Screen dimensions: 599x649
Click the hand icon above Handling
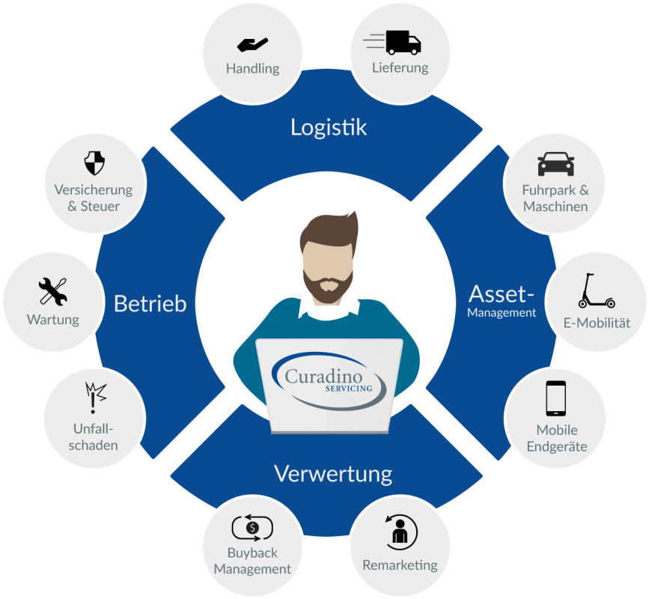252,43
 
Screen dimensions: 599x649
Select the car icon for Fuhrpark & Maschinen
555,163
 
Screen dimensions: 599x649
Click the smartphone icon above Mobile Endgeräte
555,398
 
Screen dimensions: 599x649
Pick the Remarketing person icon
400,531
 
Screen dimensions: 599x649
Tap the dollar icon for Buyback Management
252,528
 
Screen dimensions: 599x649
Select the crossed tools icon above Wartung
53,292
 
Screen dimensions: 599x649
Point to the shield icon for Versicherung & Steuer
94,163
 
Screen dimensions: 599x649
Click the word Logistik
329,127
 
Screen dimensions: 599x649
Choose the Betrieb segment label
150,304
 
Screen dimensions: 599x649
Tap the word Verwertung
333,474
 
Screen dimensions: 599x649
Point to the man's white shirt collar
329,305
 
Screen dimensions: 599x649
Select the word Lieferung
400,67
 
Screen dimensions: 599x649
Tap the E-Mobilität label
597,323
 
